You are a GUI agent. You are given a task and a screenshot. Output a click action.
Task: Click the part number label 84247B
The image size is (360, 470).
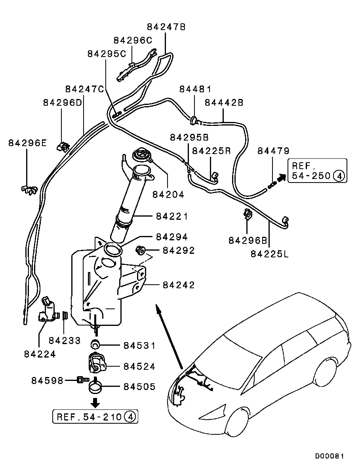[x=166, y=27]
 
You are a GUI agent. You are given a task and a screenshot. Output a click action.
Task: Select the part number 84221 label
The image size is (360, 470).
[x=172, y=217]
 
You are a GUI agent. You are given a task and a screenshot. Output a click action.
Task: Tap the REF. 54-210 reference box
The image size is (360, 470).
[x=96, y=417]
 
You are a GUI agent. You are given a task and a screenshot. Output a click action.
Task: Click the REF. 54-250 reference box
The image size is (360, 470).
[x=317, y=171]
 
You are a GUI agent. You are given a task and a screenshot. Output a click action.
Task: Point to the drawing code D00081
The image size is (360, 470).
[x=330, y=456]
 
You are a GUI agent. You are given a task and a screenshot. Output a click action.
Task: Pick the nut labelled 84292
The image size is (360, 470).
[x=140, y=250]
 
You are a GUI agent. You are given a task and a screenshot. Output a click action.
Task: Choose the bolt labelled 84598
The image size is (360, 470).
[x=81, y=380]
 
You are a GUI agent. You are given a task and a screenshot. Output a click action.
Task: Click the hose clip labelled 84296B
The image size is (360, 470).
[x=248, y=214]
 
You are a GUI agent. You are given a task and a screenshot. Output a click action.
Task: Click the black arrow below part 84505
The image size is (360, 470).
[x=95, y=403]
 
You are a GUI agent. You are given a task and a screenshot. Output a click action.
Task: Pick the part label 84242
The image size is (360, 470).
[x=179, y=285]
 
